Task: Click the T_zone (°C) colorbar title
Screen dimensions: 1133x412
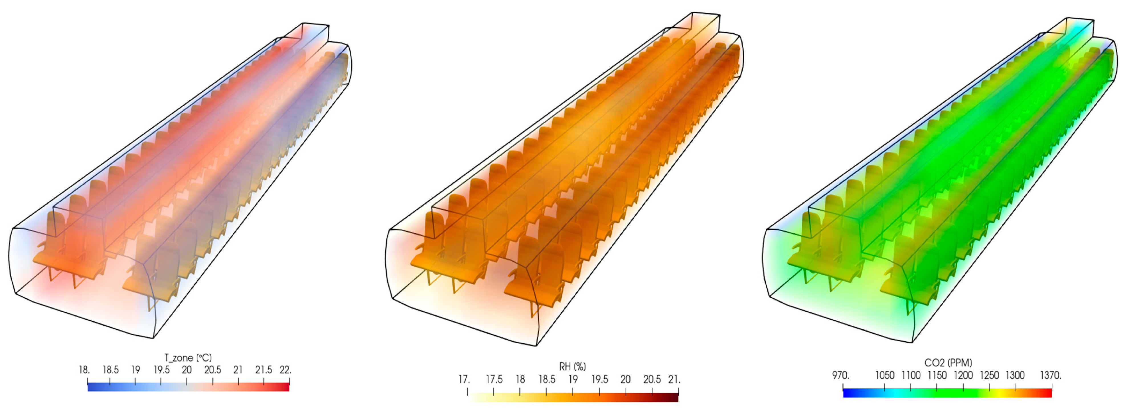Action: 188,358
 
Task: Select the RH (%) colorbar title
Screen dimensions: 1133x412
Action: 572,366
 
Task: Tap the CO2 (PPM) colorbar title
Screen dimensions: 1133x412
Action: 948,363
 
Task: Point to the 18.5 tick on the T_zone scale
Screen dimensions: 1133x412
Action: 110,370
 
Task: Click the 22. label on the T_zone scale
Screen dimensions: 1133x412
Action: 285,370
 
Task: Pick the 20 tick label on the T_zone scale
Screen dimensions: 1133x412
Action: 187,370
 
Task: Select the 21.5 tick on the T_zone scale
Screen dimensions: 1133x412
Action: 264,370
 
